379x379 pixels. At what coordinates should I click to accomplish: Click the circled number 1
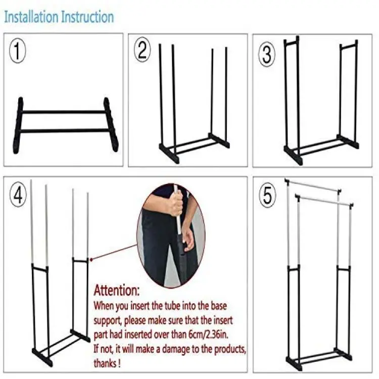click(x=17, y=51)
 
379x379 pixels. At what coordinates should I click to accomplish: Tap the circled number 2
click(x=142, y=50)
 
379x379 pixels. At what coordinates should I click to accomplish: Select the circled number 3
click(x=267, y=54)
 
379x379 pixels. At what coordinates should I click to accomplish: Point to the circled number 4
click(x=18, y=195)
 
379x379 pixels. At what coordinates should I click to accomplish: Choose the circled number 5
click(x=267, y=195)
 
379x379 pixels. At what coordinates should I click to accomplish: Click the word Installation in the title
click(x=31, y=17)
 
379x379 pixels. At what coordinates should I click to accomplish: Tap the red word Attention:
click(x=117, y=290)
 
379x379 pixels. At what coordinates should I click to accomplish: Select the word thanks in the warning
click(x=105, y=363)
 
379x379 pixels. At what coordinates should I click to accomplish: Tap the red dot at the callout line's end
click(x=91, y=260)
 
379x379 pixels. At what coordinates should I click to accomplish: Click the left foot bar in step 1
click(x=18, y=126)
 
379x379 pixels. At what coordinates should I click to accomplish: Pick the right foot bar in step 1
click(x=111, y=124)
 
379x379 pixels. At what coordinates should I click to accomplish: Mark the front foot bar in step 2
click(x=169, y=154)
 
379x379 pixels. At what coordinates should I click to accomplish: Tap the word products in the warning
click(x=230, y=349)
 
